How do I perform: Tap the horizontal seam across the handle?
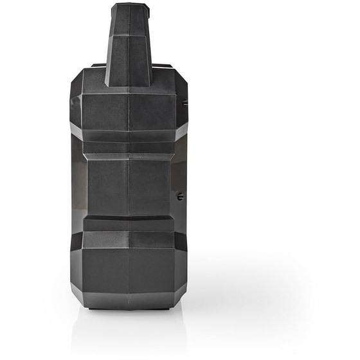point(129,35)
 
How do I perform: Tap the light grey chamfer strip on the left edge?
point(76,130)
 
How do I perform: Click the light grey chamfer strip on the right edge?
point(182,130)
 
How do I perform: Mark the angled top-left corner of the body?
point(76,80)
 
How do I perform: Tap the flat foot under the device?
point(129,307)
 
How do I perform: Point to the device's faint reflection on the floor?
point(129,328)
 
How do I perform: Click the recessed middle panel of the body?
point(129,186)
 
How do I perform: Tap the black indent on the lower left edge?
point(75,241)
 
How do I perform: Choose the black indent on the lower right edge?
point(182,241)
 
